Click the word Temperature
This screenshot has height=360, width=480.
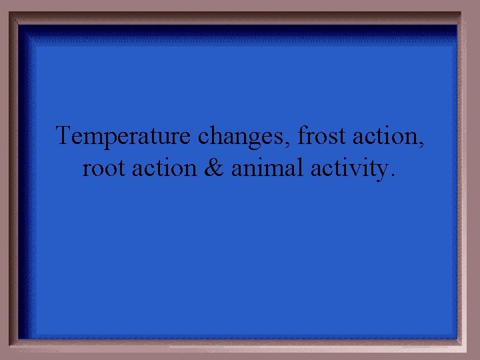(124, 137)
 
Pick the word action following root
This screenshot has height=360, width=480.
(165, 168)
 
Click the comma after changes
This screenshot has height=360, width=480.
(291, 143)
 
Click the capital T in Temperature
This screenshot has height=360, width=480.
(63, 136)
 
